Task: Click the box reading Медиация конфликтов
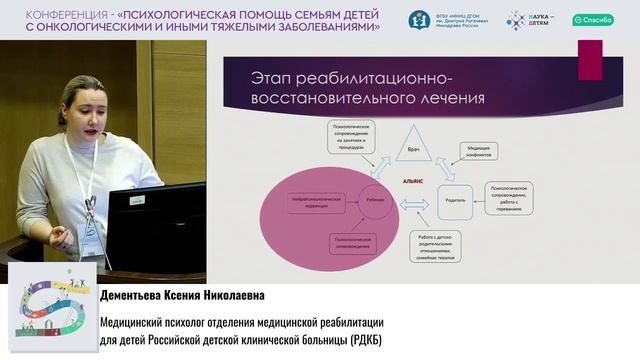click(479, 149)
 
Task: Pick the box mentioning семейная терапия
click(448, 242)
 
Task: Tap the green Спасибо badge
click(593, 19)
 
